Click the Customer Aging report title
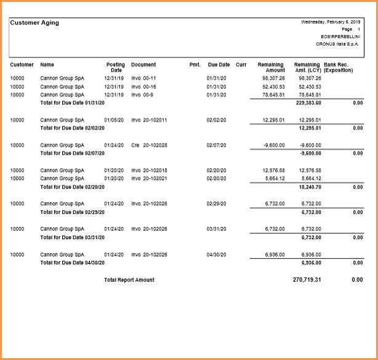coord(34,23)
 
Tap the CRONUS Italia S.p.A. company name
coord(337,44)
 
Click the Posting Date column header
coord(115,67)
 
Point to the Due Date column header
coord(219,65)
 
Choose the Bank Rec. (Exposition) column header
coord(338,67)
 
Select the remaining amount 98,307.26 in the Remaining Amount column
coord(273,78)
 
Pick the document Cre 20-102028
coord(149,145)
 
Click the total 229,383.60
coord(308,103)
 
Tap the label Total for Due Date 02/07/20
coord(72,153)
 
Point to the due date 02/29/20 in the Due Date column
coord(217,203)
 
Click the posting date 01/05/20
coord(114,120)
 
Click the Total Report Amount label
coord(129,280)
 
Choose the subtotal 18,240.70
coord(309,186)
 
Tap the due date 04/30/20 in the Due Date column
coord(217,254)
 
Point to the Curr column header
coord(241,65)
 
